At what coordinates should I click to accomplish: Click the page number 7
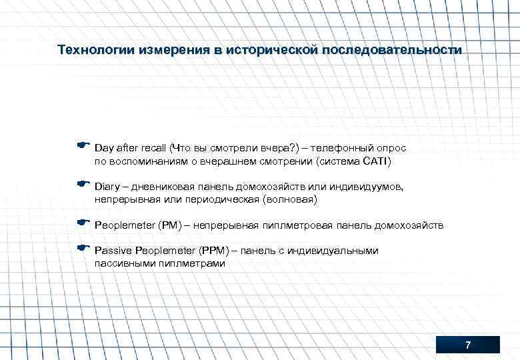(x=467, y=345)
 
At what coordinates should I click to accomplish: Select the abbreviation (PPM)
(x=213, y=251)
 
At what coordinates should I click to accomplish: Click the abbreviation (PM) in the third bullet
(x=170, y=225)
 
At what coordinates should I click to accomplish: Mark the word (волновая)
(x=291, y=199)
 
